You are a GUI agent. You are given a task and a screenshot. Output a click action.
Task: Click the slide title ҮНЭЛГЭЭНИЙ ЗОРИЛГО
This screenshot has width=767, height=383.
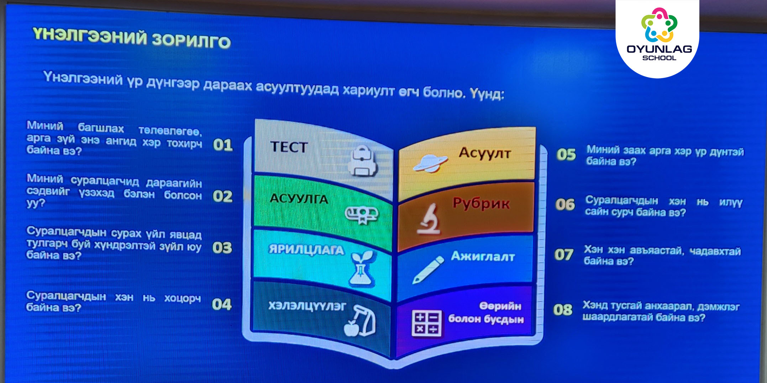(x=131, y=38)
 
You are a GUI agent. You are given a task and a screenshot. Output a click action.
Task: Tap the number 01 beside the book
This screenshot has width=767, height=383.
(x=223, y=145)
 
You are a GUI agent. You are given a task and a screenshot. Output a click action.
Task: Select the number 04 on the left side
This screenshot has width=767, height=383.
(x=222, y=304)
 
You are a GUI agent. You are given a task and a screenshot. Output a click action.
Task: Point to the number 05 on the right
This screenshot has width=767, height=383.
(x=566, y=154)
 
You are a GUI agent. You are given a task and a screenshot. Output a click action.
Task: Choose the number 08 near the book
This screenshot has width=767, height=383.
(x=563, y=310)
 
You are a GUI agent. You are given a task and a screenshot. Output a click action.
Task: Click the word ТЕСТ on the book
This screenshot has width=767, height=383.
(x=289, y=147)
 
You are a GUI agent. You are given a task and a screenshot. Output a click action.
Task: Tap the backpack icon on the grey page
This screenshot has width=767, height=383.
(x=362, y=161)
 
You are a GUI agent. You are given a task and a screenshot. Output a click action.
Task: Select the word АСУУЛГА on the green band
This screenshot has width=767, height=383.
(x=299, y=199)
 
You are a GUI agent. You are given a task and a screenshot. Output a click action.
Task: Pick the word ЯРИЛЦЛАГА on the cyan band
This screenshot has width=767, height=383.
(x=306, y=250)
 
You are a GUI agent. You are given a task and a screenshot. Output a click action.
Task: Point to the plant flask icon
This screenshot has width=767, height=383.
(x=362, y=269)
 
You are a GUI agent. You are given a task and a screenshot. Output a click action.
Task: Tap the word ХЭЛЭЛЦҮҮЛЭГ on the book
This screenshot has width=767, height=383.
(x=307, y=306)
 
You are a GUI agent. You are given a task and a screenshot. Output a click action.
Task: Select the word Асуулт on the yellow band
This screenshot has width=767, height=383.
(x=485, y=153)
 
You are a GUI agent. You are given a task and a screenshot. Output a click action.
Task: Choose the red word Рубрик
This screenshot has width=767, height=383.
(x=481, y=204)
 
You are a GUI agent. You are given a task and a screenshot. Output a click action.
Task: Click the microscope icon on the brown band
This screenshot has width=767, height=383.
(x=429, y=219)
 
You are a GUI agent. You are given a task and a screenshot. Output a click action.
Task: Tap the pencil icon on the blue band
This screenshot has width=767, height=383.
(x=428, y=269)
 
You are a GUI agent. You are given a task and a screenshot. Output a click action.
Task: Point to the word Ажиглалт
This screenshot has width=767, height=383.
(x=483, y=256)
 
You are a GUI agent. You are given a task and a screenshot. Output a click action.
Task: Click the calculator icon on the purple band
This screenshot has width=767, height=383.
(x=426, y=323)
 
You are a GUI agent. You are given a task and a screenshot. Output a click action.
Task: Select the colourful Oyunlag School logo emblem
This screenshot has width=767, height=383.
(x=659, y=25)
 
